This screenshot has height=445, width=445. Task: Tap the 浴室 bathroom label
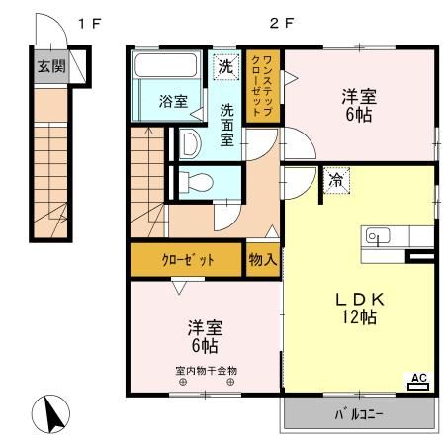click(173, 100)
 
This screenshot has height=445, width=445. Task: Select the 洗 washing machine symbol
click(226, 66)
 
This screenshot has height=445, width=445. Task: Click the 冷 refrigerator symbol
click(337, 181)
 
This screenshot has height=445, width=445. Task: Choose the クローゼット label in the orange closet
click(187, 260)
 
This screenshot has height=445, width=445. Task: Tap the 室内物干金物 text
click(206, 371)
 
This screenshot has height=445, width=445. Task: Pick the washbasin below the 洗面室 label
click(192, 143)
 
